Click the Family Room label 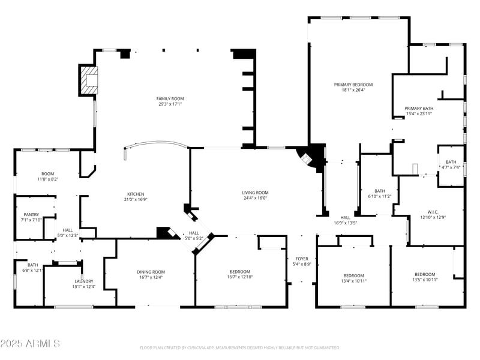(170, 98)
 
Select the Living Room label (255, 192)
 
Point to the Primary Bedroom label (353, 85)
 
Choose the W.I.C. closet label (434, 211)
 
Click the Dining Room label (151, 272)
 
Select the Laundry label (83, 281)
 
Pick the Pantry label (31, 214)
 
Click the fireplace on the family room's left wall (88, 80)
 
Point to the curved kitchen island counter (156, 147)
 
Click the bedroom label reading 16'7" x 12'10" (239, 272)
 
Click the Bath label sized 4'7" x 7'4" (451, 162)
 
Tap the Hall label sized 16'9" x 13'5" (345, 218)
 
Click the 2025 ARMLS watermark (30, 343)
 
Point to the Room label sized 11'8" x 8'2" (47, 173)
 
